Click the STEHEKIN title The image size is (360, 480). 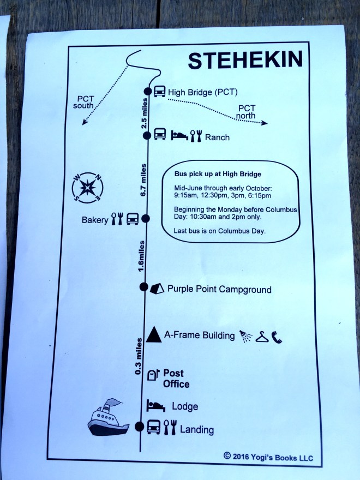(x=245, y=61)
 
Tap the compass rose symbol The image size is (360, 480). (x=88, y=188)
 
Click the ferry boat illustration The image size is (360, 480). (x=108, y=417)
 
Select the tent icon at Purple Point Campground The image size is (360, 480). (x=157, y=289)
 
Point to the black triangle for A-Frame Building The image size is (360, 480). (x=154, y=334)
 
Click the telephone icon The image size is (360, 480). (x=277, y=337)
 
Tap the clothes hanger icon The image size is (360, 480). (x=262, y=337)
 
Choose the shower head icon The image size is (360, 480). (x=245, y=336)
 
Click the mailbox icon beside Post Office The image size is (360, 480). (x=153, y=374)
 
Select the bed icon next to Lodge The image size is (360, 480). (x=155, y=406)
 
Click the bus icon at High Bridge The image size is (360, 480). (x=159, y=91)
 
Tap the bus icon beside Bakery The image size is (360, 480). (x=133, y=219)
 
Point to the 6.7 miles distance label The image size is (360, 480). (x=143, y=180)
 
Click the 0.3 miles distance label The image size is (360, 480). (x=138, y=356)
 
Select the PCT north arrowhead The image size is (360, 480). (x=265, y=123)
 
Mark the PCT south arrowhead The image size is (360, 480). (x=85, y=122)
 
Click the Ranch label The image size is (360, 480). (x=217, y=137)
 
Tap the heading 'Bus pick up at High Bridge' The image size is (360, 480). (x=218, y=174)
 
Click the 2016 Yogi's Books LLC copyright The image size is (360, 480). (x=268, y=457)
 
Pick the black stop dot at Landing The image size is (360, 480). (x=139, y=427)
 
